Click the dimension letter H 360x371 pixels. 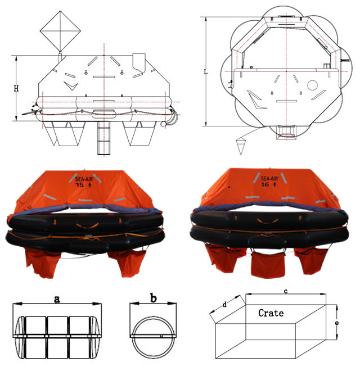point(16,88)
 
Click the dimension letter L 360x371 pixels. point(205,71)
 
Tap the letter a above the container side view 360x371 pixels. point(57,299)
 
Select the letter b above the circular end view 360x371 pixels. point(154,298)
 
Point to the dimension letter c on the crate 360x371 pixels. point(286,291)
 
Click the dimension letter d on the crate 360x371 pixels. point(225,305)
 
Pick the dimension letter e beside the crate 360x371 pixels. point(337,323)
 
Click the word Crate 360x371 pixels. point(271,313)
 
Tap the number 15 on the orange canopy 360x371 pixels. point(79,185)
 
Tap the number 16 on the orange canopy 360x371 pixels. point(264,184)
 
